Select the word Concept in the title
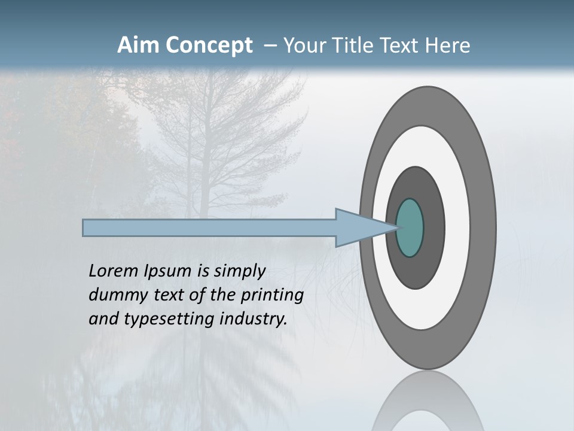(209, 46)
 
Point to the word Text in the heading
(399, 45)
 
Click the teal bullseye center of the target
(410, 227)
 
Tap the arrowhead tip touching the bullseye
(396, 227)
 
